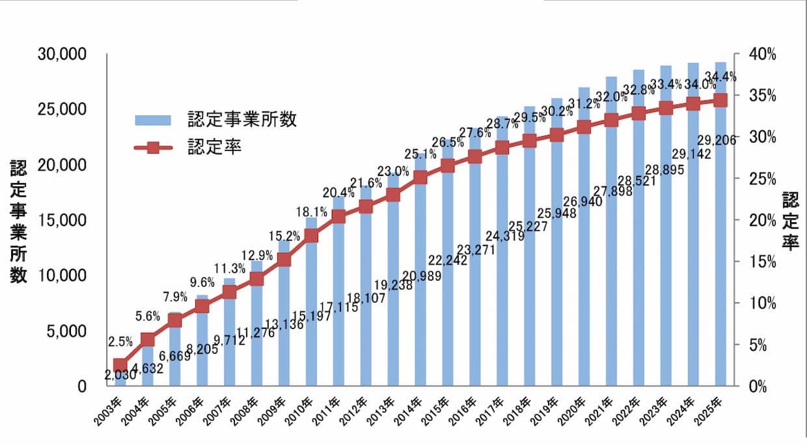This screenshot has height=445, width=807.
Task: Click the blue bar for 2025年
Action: tap(720, 261)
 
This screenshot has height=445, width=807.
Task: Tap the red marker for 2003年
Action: tap(120, 365)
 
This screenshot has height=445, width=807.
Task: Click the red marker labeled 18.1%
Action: tap(311, 235)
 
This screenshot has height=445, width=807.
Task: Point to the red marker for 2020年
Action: tap(584, 127)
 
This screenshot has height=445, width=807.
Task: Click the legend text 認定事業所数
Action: tap(242, 120)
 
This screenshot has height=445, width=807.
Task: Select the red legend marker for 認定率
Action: tap(153, 148)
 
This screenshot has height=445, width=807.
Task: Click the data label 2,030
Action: tap(120, 376)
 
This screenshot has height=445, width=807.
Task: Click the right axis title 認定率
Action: tap(790, 222)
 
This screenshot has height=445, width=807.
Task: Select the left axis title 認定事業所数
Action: tap(18, 222)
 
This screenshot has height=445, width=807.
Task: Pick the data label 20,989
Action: tap(421, 276)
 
